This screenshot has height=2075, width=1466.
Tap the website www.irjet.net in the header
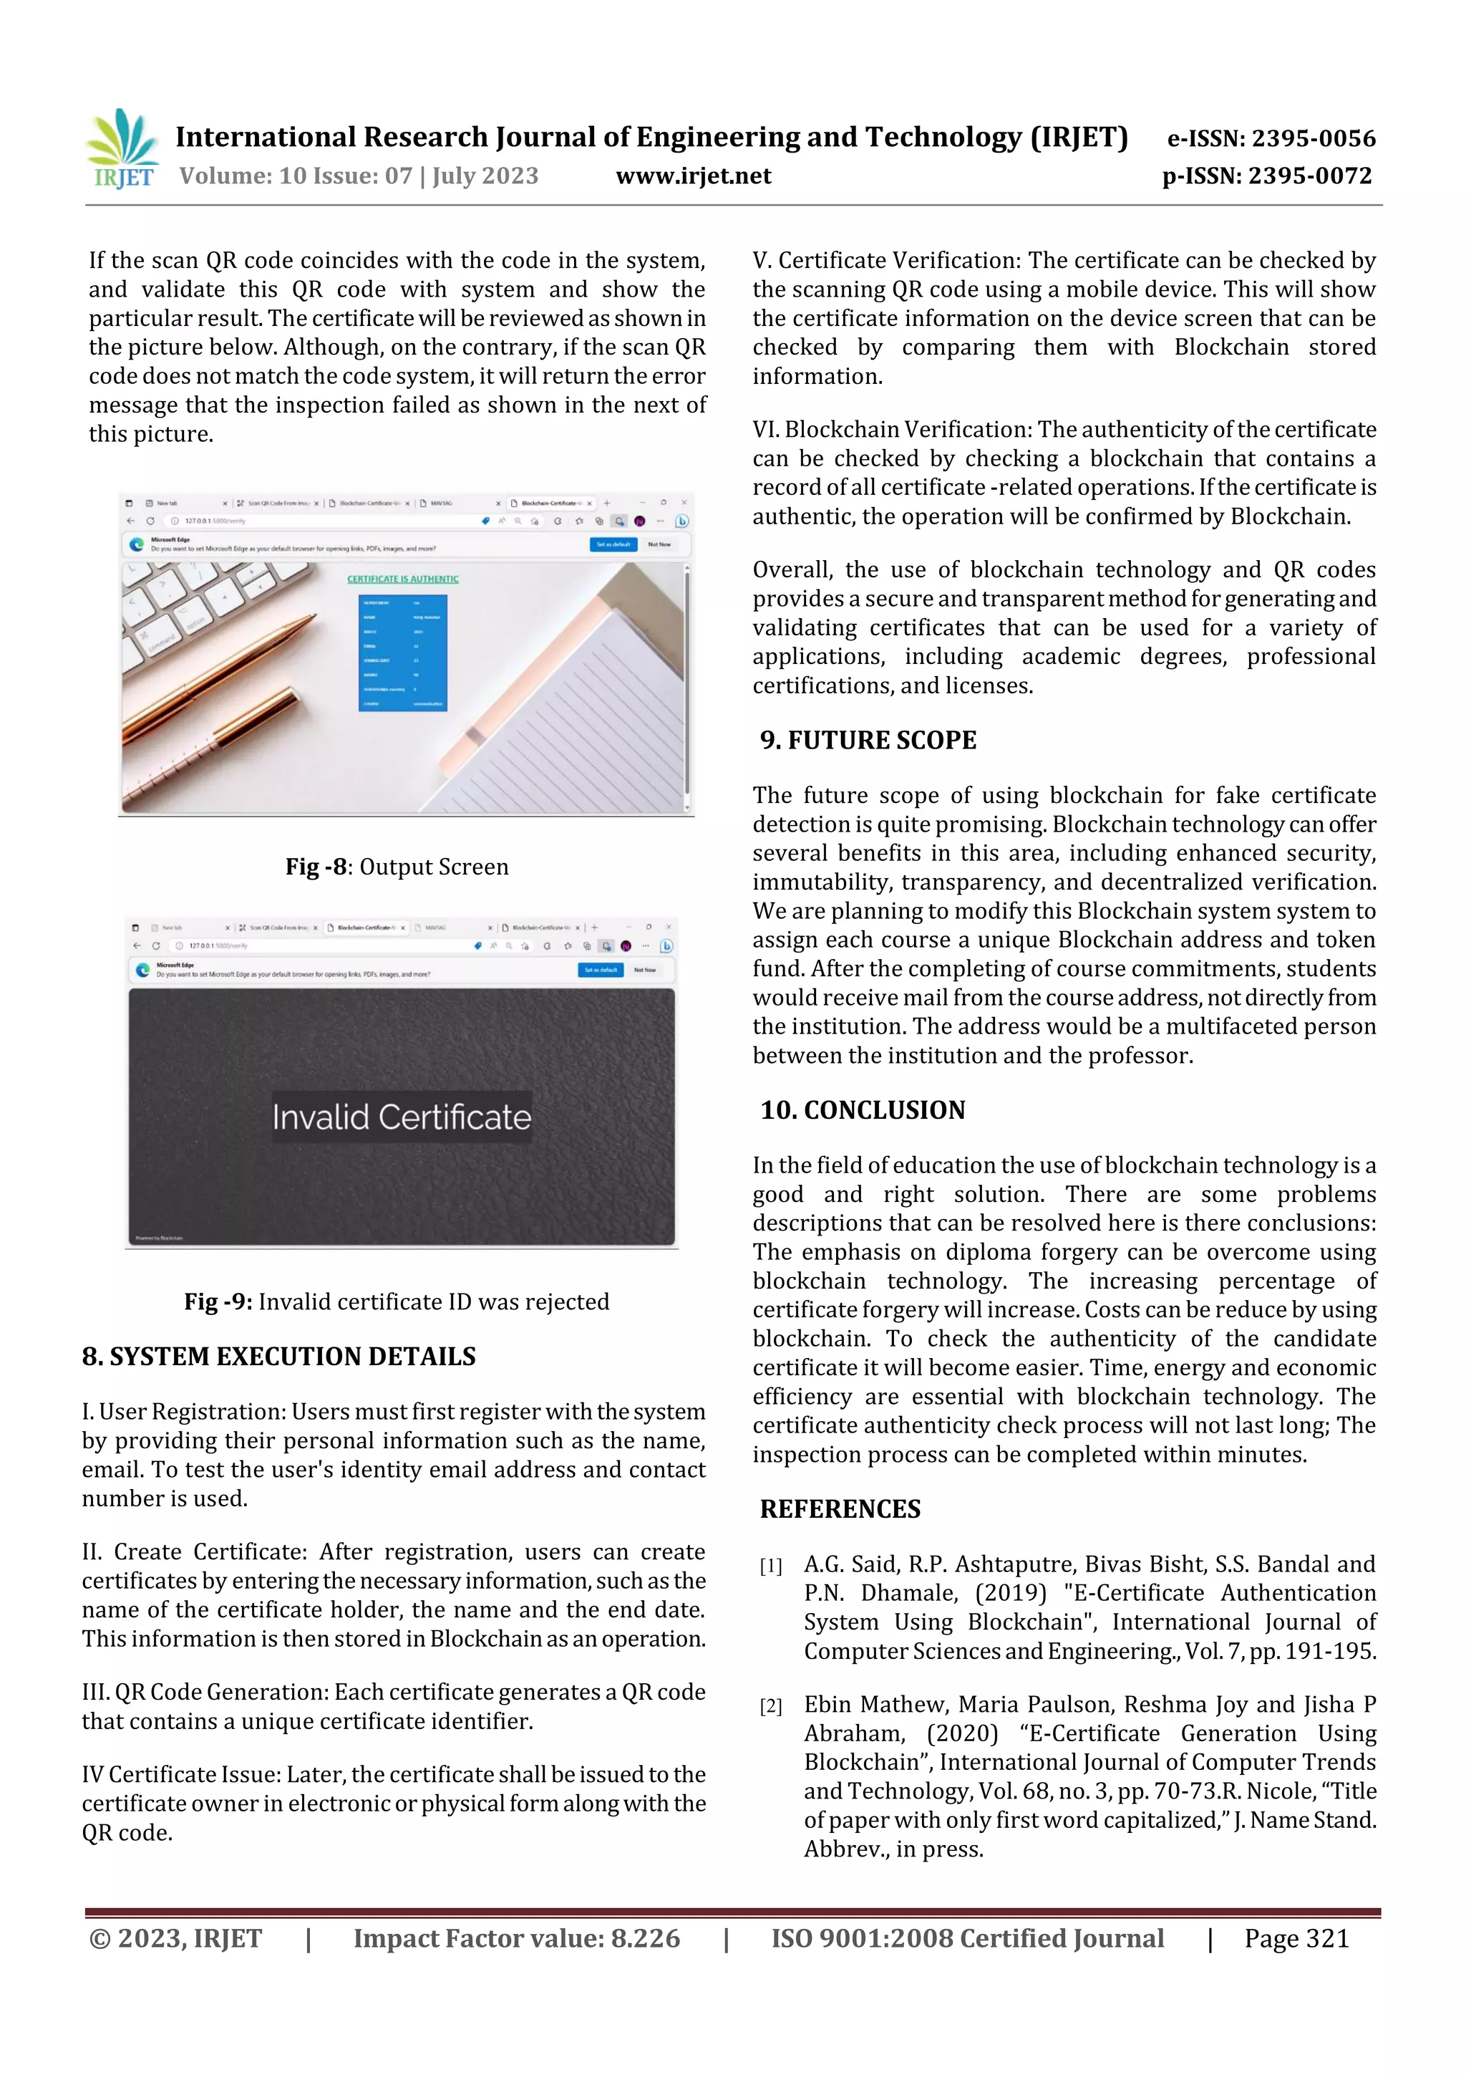693,175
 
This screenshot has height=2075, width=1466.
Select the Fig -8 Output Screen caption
397,867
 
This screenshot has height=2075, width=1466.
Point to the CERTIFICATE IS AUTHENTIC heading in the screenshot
403,579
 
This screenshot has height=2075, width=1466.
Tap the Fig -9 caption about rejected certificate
397,1301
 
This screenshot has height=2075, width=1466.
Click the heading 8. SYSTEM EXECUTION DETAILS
278,1357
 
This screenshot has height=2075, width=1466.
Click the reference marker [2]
770,1706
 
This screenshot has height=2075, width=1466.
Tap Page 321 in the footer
1296,1937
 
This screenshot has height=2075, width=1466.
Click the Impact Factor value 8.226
645,1937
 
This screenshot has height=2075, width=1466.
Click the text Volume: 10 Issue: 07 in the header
296,175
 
